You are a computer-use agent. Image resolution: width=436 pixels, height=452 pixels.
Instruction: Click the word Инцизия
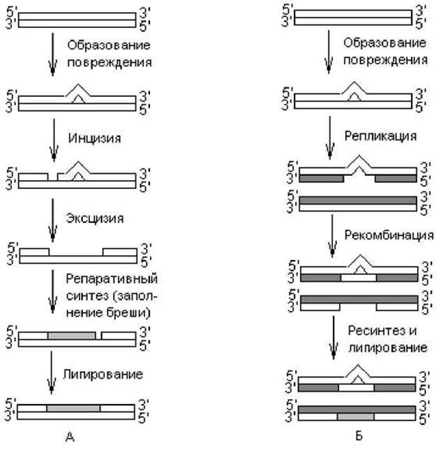(x=94, y=138)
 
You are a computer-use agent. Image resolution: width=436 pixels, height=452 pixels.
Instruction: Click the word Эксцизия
(x=95, y=218)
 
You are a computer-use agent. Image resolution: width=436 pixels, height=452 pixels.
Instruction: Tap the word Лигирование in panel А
(x=103, y=375)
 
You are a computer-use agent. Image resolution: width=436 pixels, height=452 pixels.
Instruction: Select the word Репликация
(x=381, y=136)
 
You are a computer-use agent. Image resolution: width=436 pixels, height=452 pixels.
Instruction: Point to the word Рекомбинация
(x=389, y=236)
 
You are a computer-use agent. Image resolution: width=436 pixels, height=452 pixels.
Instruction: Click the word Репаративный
(x=112, y=279)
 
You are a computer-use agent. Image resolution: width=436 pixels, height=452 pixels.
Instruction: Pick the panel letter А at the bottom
(x=70, y=437)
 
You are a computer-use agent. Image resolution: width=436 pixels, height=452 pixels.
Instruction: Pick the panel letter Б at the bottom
(x=359, y=435)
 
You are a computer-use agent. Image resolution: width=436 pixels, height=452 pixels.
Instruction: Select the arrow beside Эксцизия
(x=53, y=220)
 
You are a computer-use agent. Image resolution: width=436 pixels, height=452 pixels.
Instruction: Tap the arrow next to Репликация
(x=330, y=137)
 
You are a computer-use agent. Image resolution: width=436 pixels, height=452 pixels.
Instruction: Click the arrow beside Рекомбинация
(x=332, y=236)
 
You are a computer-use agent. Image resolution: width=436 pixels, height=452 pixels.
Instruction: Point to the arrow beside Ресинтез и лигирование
(x=333, y=338)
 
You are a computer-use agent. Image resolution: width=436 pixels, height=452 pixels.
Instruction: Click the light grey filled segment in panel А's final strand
(x=73, y=408)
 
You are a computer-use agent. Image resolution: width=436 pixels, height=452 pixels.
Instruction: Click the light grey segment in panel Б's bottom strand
(x=356, y=416)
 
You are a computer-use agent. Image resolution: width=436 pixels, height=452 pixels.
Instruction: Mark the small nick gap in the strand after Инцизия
(x=53, y=177)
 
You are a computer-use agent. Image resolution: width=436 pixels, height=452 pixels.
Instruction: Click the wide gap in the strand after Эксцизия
(x=76, y=252)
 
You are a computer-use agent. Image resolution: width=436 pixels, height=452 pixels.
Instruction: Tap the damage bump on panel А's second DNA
(x=77, y=94)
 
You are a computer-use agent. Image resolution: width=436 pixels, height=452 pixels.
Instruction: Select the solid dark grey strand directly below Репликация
(x=358, y=200)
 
